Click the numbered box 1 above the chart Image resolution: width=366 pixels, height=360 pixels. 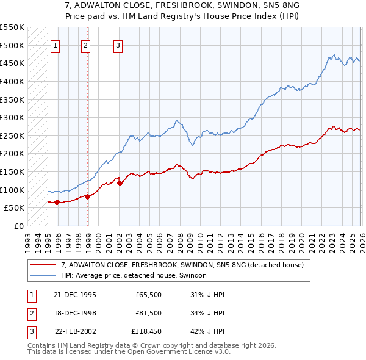point(55,45)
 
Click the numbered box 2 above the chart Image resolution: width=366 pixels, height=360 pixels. point(85,45)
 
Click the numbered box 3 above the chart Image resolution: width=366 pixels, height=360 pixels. point(117,45)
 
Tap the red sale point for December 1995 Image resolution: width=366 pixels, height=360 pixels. point(57,202)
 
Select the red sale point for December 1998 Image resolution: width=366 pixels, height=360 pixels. point(87,196)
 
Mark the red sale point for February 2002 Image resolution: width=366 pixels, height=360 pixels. point(120,183)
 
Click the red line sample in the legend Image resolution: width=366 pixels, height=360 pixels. point(44,265)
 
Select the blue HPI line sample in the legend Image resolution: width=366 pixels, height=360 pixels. point(44,275)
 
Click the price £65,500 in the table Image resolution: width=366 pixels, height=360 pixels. point(149,295)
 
